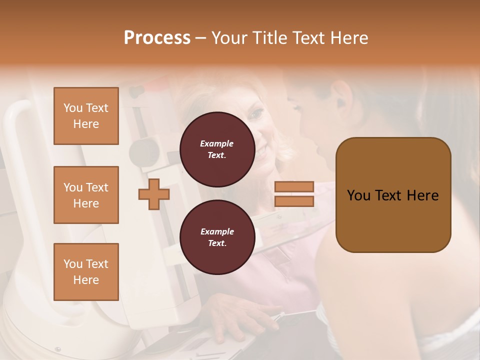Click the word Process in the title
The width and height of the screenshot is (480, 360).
coord(157,38)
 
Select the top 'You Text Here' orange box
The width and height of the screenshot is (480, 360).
coord(86,116)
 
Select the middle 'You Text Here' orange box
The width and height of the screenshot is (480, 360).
coord(86,195)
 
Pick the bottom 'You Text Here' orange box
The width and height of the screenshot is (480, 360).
coord(86,272)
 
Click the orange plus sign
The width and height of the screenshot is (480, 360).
coord(153,194)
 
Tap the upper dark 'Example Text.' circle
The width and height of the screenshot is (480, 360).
coord(217,149)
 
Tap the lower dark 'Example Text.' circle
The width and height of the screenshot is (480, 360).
coord(217,237)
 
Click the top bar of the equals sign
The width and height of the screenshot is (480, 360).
coord(294,186)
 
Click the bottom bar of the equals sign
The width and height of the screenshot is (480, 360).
coord(294,201)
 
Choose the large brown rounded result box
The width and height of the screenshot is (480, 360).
coord(393,195)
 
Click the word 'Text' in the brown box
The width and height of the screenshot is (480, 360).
coord(391,195)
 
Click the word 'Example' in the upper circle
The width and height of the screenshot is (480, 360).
coord(217,144)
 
